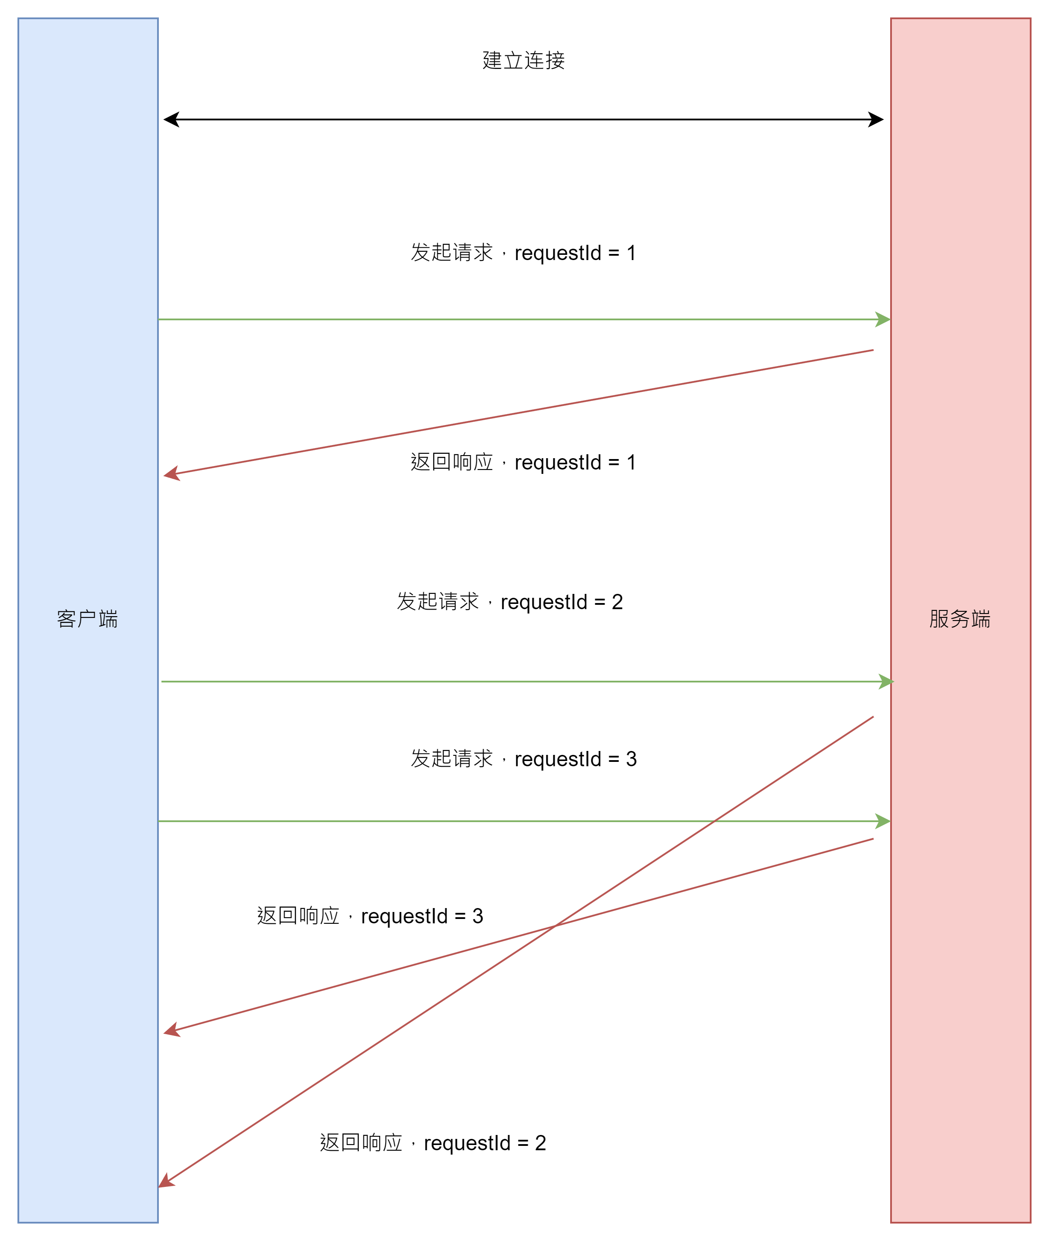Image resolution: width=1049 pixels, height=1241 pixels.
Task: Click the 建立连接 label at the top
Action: pos(523,61)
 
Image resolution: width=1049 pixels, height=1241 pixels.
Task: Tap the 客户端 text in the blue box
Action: pos(87,619)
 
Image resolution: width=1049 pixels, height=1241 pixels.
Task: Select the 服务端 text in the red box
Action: pos(960,619)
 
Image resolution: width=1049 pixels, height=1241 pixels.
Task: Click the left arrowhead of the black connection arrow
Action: pos(171,120)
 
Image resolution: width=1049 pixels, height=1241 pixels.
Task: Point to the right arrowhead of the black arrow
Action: pos(876,120)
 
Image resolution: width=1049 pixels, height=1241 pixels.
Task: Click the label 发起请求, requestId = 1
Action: pos(523,253)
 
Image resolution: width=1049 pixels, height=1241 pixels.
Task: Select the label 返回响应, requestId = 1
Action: pos(523,462)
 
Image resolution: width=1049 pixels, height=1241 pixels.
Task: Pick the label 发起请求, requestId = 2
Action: pos(510,602)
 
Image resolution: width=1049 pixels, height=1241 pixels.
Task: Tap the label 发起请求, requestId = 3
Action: pos(523,759)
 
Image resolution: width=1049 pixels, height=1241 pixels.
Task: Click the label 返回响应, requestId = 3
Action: pos(370,916)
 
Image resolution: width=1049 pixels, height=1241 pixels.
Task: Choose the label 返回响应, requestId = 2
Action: pos(433,1143)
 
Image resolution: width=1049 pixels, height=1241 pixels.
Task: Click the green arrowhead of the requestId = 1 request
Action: pos(883,319)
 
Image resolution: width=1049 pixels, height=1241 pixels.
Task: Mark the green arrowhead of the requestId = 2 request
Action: pos(886,682)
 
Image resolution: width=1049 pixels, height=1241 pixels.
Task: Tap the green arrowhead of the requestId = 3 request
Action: pos(883,821)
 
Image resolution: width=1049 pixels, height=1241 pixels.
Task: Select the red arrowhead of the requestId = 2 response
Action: pos(166,1182)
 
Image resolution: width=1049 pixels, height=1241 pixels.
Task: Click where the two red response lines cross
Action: pos(554,926)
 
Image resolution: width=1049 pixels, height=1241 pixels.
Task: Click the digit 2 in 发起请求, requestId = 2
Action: pos(617,602)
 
